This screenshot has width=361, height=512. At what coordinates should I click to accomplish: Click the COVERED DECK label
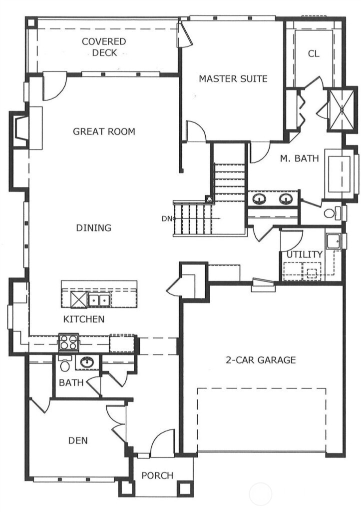104,46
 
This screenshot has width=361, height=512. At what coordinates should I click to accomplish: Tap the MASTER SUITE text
233,78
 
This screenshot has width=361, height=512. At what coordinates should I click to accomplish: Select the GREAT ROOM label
104,131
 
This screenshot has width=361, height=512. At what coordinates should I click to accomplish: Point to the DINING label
93,228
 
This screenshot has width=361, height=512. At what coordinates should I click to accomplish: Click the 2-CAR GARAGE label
261,359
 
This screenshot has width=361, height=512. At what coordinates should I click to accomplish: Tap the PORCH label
157,475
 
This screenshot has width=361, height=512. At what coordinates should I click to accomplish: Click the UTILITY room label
304,254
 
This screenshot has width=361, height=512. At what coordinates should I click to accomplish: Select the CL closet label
313,53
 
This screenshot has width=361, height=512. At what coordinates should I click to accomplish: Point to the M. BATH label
299,159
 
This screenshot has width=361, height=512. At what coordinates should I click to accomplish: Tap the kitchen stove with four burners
68,342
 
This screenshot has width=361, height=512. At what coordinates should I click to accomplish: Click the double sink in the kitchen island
99,300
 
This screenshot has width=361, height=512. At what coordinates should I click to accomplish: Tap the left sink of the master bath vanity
259,199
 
